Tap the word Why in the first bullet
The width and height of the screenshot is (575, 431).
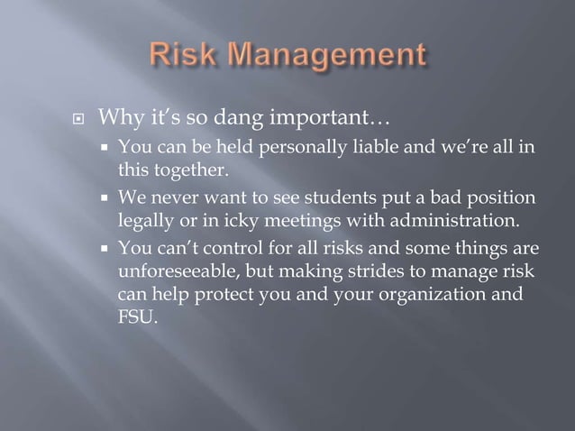point(116,117)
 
